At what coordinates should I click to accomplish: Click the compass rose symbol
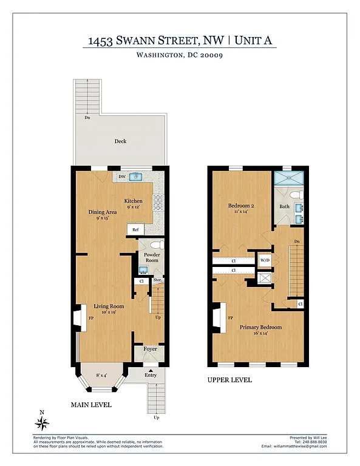pos(42,422)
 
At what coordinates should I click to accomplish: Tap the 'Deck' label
pos(120,141)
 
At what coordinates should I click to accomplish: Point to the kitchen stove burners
pos(157,201)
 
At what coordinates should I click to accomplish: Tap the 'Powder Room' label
pos(151,257)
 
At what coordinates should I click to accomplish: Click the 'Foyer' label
pos(149,349)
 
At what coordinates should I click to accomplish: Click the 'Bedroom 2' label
pos(240,206)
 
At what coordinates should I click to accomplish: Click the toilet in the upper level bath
pos(296,195)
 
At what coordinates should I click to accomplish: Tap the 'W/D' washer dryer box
pos(265,262)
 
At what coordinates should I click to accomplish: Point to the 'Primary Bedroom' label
pos(262,328)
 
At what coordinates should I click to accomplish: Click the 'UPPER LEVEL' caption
pos(229,380)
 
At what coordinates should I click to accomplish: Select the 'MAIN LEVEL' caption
pos(90,405)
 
